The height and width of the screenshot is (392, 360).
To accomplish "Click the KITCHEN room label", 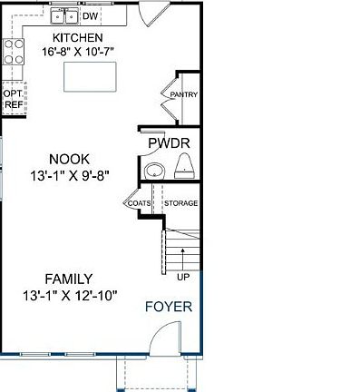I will click(77, 37).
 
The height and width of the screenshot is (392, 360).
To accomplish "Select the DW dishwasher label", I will click(91, 16).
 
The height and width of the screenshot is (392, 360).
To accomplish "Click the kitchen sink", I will click(64, 16).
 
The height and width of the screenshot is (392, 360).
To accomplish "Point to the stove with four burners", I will click(13, 52).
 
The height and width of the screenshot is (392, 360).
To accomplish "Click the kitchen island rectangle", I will click(92, 78).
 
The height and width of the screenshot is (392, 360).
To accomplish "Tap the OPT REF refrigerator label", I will click(13, 99).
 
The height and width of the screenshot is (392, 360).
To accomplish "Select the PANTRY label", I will click(184, 94).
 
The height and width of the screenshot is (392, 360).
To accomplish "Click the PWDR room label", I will click(168, 143).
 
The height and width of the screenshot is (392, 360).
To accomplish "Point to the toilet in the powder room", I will click(185, 165).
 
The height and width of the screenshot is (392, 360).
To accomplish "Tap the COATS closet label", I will click(139, 203).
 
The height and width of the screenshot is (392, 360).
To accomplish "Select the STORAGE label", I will click(180, 203).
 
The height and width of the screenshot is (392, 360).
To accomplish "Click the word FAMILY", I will click(70, 279).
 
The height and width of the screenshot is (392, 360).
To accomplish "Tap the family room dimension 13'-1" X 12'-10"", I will click(70, 295).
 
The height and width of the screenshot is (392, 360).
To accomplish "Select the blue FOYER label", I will click(169, 307).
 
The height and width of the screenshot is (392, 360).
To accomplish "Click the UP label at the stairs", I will click(183, 276).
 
